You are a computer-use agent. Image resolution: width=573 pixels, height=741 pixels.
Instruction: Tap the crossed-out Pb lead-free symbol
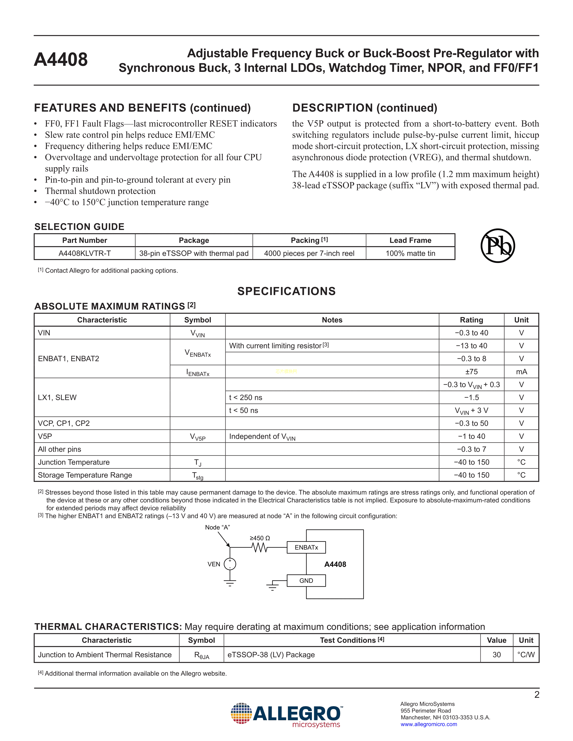tap(498, 246)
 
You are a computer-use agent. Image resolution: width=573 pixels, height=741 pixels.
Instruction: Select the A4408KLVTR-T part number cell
tap(84, 254)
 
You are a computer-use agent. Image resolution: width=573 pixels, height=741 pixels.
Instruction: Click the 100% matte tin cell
tap(410, 254)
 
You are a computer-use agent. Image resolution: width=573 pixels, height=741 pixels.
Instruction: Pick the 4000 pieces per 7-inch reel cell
tap(309, 254)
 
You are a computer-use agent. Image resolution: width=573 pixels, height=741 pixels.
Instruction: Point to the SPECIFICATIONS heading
tap(286, 291)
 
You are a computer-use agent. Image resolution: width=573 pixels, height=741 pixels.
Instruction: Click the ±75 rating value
tap(471, 372)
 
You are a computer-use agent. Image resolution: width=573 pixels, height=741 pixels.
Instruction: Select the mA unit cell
tap(521, 372)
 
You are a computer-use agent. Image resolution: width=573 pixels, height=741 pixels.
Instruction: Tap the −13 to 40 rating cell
tap(471, 346)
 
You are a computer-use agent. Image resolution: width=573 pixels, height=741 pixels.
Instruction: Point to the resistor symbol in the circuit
tap(260, 547)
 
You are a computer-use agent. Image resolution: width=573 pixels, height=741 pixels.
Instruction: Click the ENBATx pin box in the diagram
tap(306, 547)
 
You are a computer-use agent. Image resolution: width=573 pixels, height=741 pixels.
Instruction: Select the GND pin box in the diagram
tap(306, 580)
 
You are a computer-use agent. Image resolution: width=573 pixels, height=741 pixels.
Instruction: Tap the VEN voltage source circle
tap(230, 564)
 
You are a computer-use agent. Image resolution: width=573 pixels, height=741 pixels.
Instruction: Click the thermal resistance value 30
tap(496, 655)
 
